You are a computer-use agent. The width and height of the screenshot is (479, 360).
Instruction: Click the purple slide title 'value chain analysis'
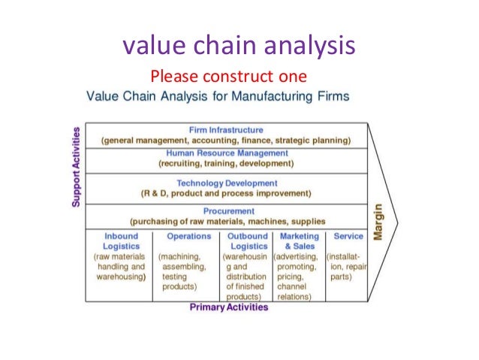click(x=238, y=47)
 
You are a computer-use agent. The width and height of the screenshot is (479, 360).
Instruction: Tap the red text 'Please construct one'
click(x=228, y=77)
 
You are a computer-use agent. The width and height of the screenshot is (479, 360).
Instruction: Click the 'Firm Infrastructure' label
click(x=226, y=130)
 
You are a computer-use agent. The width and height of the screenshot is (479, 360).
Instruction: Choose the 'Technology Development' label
click(x=226, y=183)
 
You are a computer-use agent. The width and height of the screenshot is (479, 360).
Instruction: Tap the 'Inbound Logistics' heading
click(x=121, y=241)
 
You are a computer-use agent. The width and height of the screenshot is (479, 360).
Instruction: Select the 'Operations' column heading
click(x=188, y=236)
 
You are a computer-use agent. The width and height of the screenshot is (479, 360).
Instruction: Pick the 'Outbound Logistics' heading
click(x=249, y=241)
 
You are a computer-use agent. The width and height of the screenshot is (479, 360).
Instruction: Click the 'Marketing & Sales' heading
click(x=299, y=241)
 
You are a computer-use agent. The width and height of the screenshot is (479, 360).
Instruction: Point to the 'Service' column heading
click(x=348, y=236)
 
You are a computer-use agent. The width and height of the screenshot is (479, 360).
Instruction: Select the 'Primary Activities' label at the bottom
click(x=228, y=307)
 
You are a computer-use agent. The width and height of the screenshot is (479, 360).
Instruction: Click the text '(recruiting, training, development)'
click(x=226, y=162)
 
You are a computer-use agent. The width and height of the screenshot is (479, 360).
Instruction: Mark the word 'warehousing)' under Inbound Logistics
click(x=121, y=276)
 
